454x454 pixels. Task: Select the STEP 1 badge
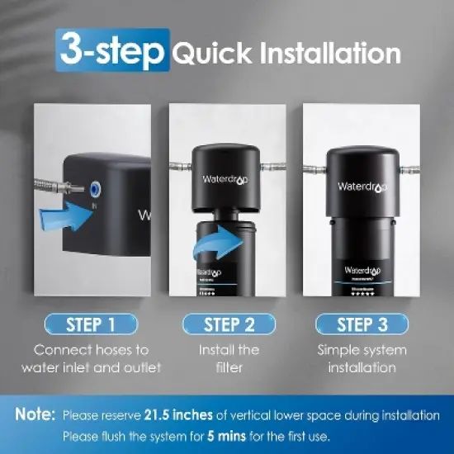click(92, 323)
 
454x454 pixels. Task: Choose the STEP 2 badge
click(227, 323)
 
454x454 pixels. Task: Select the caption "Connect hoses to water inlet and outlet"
click(92, 358)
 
